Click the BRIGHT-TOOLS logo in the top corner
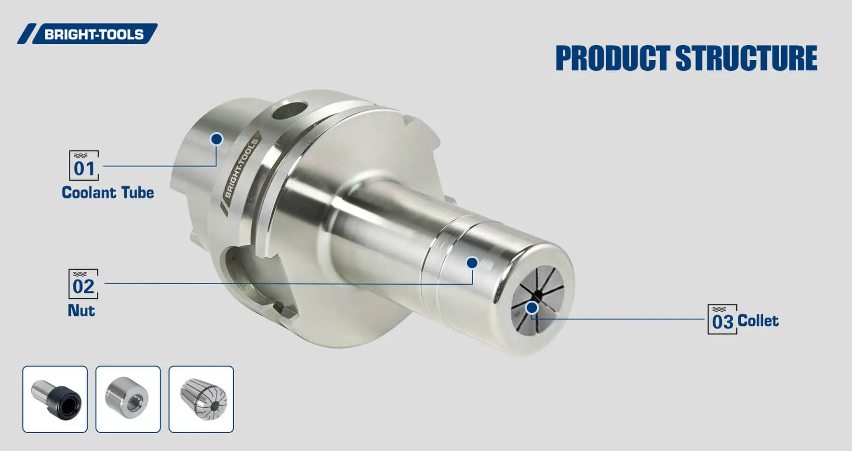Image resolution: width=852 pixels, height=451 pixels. click(x=88, y=34)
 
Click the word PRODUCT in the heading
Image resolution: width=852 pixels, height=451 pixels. click(x=612, y=58)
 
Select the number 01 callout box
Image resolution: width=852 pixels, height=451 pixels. click(x=84, y=165)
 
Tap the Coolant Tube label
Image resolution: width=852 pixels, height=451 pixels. click(x=108, y=193)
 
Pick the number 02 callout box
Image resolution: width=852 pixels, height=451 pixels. click(x=83, y=284)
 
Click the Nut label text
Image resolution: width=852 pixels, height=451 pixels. click(x=81, y=310)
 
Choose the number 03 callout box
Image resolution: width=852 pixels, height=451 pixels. click(x=722, y=319)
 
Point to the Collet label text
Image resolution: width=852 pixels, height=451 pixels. click(x=758, y=321)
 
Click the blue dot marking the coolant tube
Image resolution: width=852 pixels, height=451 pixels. click(x=217, y=139)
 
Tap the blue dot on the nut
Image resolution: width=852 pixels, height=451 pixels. click(x=472, y=263)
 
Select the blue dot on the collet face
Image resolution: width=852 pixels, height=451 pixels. click(x=532, y=308)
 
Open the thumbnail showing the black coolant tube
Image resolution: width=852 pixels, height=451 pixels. click(x=55, y=399)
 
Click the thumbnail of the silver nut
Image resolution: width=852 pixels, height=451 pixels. click(x=128, y=399)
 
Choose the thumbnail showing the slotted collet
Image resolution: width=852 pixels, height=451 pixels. click(x=201, y=399)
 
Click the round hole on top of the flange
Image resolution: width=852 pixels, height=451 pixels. click(x=289, y=110)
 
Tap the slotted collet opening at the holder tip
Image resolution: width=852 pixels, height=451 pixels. click(x=537, y=299)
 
